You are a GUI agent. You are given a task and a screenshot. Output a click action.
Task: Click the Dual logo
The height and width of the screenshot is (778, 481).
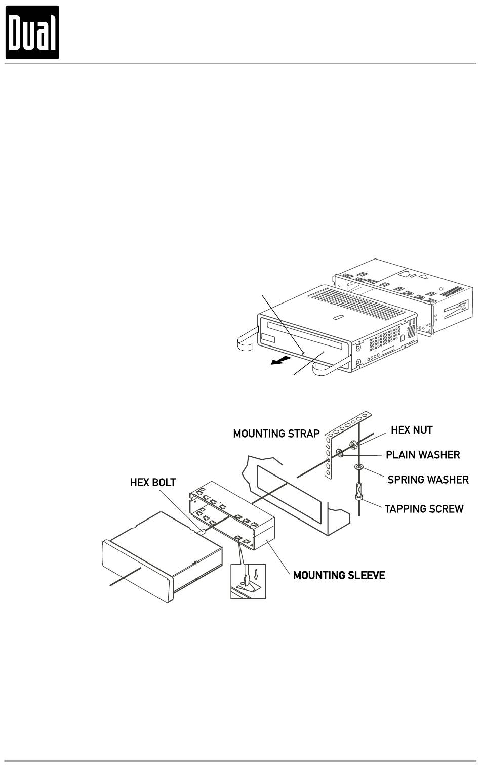pyautogui.click(x=32, y=32)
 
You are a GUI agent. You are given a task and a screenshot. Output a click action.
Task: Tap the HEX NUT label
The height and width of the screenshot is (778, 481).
pyautogui.click(x=412, y=430)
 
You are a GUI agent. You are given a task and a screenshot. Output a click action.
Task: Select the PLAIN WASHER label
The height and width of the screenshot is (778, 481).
pyautogui.click(x=423, y=455)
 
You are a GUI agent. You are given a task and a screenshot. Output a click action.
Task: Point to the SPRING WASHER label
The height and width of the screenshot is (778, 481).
pyautogui.click(x=428, y=479)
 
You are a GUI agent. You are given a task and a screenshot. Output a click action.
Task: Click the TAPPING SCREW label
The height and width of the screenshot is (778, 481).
pyautogui.click(x=424, y=509)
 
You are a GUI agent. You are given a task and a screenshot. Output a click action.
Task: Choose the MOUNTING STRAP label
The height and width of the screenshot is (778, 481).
pyautogui.click(x=276, y=434)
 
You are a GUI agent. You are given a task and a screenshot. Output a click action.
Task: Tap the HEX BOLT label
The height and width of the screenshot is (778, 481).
pyautogui.click(x=153, y=483)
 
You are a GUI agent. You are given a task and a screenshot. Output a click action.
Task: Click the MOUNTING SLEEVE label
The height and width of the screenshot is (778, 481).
pyautogui.click(x=339, y=575)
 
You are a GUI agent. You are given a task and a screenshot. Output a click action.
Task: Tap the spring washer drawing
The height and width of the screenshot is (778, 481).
pyautogui.click(x=359, y=467)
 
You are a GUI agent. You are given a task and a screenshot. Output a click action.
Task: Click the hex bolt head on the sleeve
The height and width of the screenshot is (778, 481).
pyautogui.click(x=201, y=532)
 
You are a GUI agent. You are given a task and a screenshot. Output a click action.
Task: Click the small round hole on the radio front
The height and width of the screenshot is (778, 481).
pyautogui.click(x=303, y=353)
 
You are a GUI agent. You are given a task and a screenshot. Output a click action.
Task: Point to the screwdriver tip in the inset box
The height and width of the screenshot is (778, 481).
pyautogui.click(x=243, y=582)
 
